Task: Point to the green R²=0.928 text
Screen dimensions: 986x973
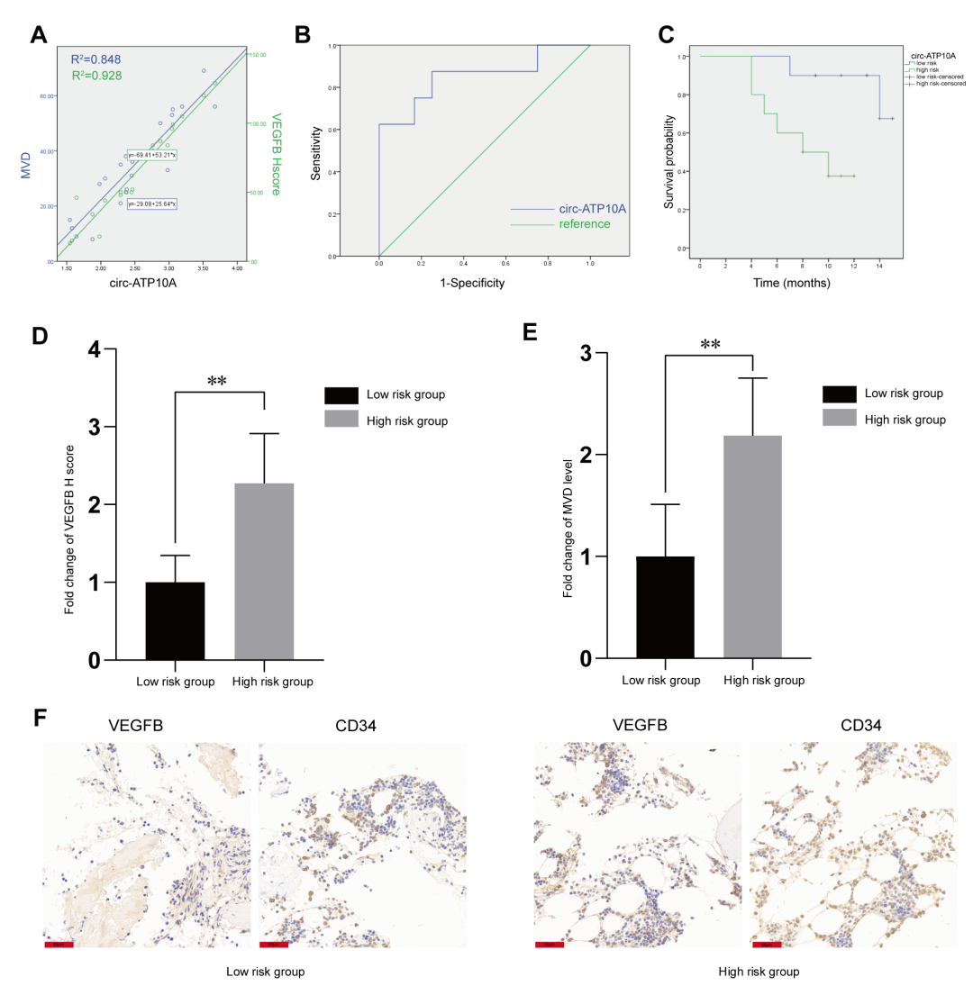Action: click(x=96, y=77)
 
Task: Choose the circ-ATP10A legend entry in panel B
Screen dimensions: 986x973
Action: click(x=593, y=209)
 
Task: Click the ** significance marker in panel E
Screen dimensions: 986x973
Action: click(x=710, y=344)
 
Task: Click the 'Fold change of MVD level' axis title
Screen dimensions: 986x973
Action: click(x=567, y=508)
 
